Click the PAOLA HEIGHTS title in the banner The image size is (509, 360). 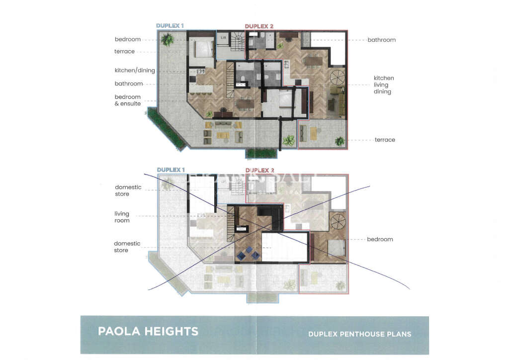pyautogui.click(x=148, y=331)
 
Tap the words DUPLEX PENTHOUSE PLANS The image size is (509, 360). pyautogui.click(x=359, y=334)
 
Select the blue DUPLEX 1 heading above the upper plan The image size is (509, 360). pyautogui.click(x=170, y=26)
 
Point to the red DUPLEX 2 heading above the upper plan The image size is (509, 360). pyautogui.click(x=259, y=26)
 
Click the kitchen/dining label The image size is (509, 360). pyautogui.click(x=135, y=71)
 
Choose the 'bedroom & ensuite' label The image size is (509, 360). pyautogui.click(x=128, y=100)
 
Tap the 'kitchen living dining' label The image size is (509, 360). pyautogui.click(x=384, y=85)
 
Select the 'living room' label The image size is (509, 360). pyautogui.click(x=122, y=217)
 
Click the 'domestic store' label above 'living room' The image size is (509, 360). pyautogui.click(x=128, y=190)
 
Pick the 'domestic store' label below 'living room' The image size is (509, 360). pyautogui.click(x=127, y=247)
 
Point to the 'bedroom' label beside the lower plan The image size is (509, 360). pyautogui.click(x=380, y=239)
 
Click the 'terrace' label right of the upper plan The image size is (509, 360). pyautogui.click(x=385, y=140)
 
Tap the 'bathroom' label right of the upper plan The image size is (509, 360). pyautogui.click(x=381, y=40)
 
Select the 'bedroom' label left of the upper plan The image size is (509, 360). pyautogui.click(x=127, y=39)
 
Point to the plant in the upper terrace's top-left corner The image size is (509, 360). pyautogui.click(x=168, y=40)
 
